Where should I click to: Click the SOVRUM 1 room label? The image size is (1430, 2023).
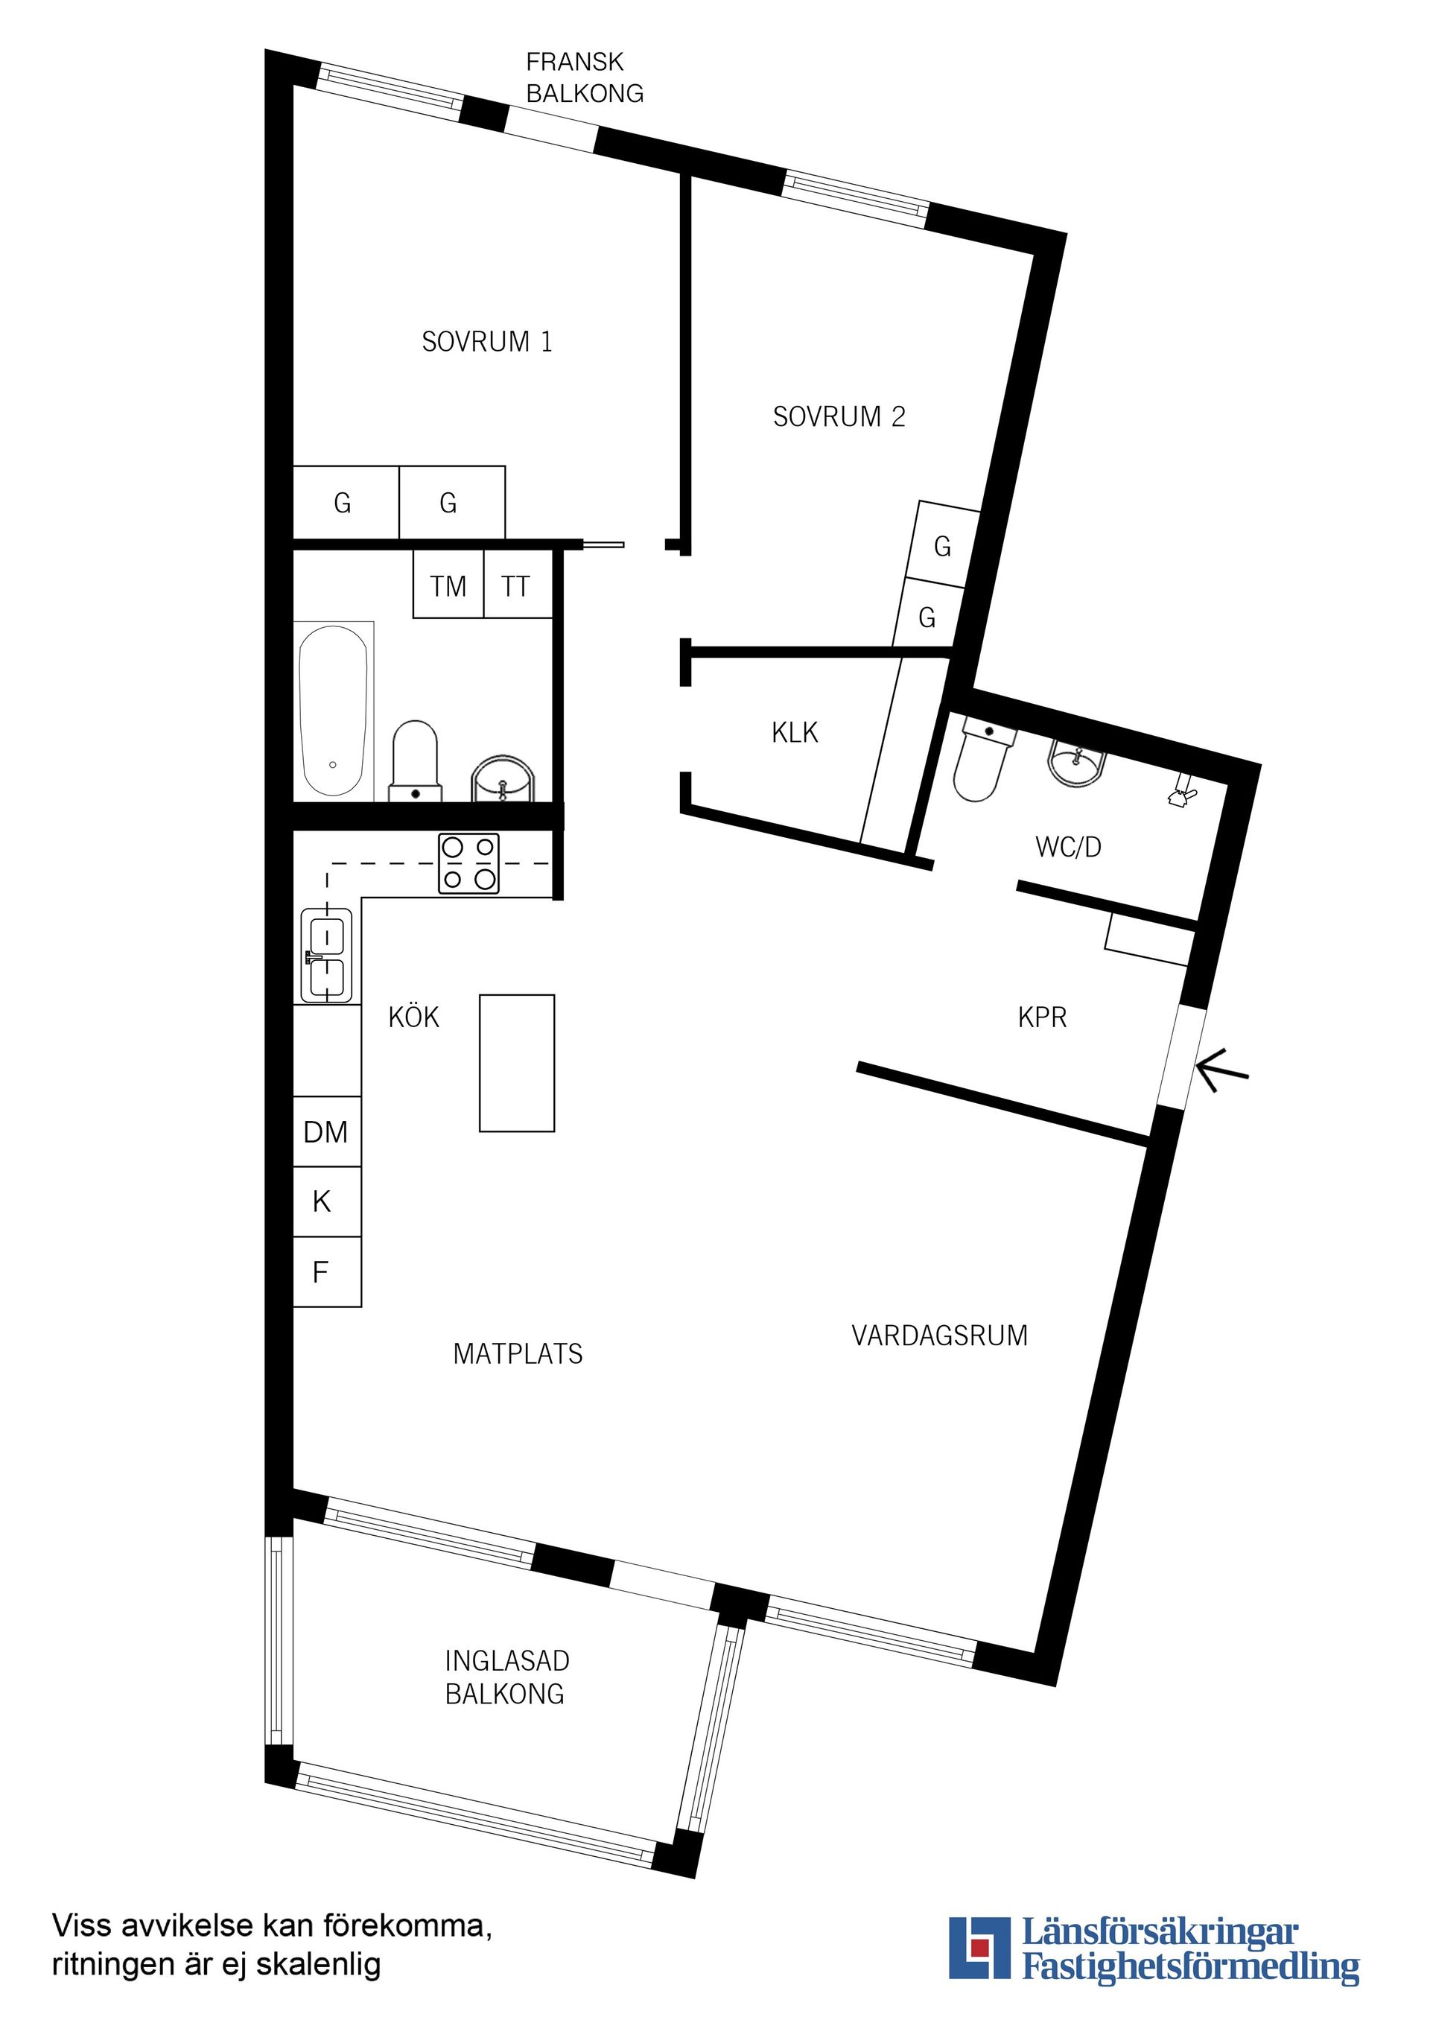(x=486, y=342)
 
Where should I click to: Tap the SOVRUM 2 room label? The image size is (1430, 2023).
(x=839, y=417)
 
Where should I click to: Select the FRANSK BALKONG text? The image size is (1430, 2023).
(x=584, y=77)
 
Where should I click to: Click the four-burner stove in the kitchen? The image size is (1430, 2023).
(x=468, y=863)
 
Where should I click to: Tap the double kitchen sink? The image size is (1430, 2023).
(x=326, y=955)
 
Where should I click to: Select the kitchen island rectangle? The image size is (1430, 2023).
(x=516, y=1063)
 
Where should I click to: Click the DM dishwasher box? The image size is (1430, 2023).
(x=326, y=1132)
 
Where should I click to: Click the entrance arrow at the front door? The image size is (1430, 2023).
(x=1222, y=1071)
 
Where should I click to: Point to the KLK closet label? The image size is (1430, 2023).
(x=794, y=733)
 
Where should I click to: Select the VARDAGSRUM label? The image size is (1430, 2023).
(x=939, y=1336)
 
